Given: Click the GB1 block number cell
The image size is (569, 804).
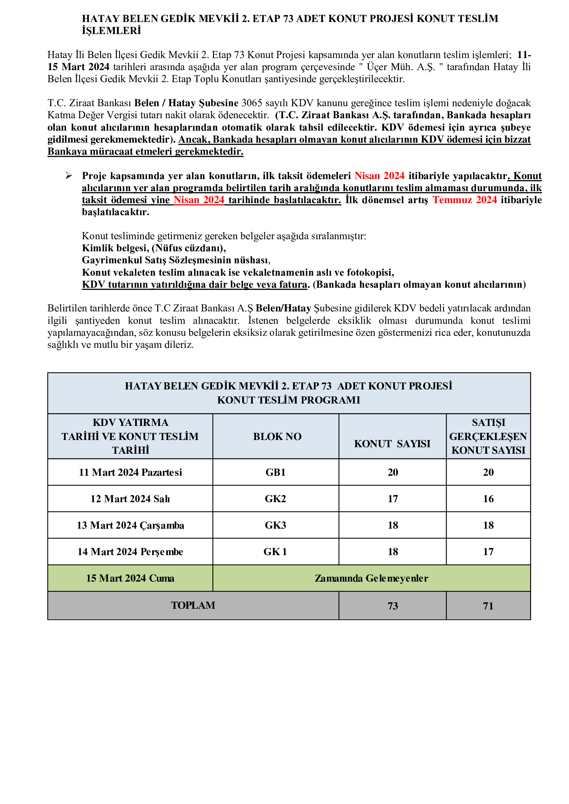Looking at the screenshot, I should point(276,472).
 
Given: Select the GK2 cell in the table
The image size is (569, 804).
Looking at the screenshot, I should point(276,499).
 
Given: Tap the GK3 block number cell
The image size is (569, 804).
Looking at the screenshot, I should point(276,525).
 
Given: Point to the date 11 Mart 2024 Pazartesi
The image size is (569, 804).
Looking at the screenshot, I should point(130,472).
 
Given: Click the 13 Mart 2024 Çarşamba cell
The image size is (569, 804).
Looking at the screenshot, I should point(130,525).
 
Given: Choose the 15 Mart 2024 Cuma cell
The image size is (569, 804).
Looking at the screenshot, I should point(130,578).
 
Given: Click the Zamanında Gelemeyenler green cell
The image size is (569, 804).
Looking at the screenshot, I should point(372,578).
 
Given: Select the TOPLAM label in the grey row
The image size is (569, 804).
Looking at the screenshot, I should point(193,605).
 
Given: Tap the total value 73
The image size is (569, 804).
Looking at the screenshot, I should point(393,606).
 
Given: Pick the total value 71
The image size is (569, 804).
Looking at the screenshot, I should point(488,606).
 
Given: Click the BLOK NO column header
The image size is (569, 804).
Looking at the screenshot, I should point(277,436).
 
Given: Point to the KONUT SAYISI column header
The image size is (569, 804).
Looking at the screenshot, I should point(392,444).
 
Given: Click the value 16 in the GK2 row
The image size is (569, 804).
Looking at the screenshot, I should point(488,499).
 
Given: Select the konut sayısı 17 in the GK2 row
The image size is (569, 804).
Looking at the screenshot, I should point(393,499).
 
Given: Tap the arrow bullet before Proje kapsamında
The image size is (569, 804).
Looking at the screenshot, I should point(69,176).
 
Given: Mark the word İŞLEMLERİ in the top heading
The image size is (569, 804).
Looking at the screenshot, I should point(111,31).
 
